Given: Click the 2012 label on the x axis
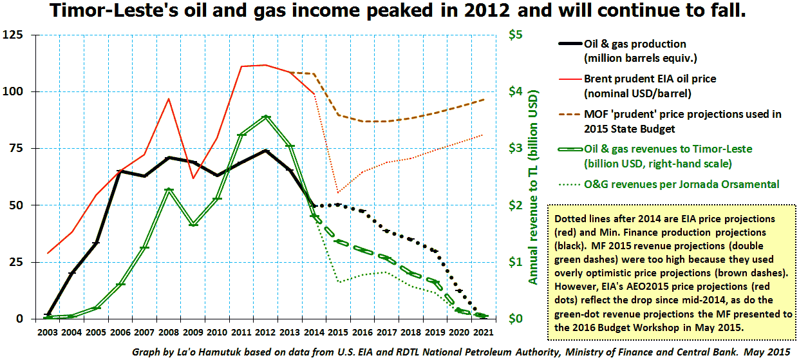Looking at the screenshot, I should (266, 332).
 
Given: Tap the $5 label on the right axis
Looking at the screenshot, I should (514, 35).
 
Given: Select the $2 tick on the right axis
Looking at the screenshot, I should (514, 205).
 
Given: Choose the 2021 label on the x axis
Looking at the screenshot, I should (484, 332).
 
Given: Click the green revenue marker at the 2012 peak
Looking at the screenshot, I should (266, 117).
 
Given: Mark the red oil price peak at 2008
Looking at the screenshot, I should (168, 99).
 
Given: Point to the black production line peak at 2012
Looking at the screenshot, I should (266, 151).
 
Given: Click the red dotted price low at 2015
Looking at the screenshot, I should (338, 192).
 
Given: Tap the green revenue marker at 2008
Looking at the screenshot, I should (169, 190).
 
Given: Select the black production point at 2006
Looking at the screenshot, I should (120, 171).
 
